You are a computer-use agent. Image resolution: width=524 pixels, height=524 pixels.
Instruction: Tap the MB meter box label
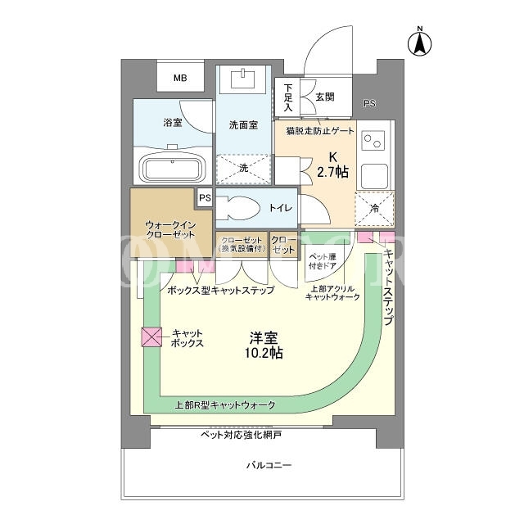click(x=180, y=79)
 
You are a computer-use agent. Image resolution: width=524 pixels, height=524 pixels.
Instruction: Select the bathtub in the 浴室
click(x=173, y=169)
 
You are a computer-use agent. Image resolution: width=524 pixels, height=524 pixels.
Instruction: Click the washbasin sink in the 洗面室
click(x=244, y=79)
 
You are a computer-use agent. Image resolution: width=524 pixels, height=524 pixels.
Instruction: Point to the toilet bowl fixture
click(x=238, y=207)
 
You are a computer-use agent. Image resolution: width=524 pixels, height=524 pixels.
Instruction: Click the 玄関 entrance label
click(x=324, y=97)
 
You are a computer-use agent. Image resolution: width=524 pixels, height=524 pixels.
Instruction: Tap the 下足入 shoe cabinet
click(x=287, y=97)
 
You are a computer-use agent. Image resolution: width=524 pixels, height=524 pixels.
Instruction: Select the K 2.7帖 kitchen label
click(x=333, y=165)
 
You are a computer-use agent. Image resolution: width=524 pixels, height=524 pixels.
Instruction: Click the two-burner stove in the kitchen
click(x=373, y=141)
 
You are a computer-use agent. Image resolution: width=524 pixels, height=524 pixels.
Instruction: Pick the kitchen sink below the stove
click(x=374, y=176)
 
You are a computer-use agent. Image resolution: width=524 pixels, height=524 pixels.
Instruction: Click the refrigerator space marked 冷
click(x=375, y=209)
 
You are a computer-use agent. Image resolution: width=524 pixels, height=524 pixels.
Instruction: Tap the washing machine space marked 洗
click(x=243, y=169)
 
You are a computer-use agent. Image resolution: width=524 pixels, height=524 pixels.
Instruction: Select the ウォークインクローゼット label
click(x=171, y=229)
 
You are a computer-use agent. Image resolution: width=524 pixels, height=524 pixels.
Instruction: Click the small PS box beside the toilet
click(x=205, y=198)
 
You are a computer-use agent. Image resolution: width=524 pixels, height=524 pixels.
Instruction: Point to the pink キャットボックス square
click(x=151, y=337)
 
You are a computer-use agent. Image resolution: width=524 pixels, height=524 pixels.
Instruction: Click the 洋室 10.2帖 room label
click(x=264, y=346)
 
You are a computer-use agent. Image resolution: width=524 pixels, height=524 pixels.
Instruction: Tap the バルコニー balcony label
click(x=269, y=465)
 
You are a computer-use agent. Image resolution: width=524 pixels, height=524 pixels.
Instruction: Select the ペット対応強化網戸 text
click(x=241, y=435)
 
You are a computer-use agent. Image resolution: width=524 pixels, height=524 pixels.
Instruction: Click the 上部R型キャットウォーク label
click(x=225, y=405)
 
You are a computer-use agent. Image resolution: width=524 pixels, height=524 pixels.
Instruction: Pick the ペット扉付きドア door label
click(x=322, y=261)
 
